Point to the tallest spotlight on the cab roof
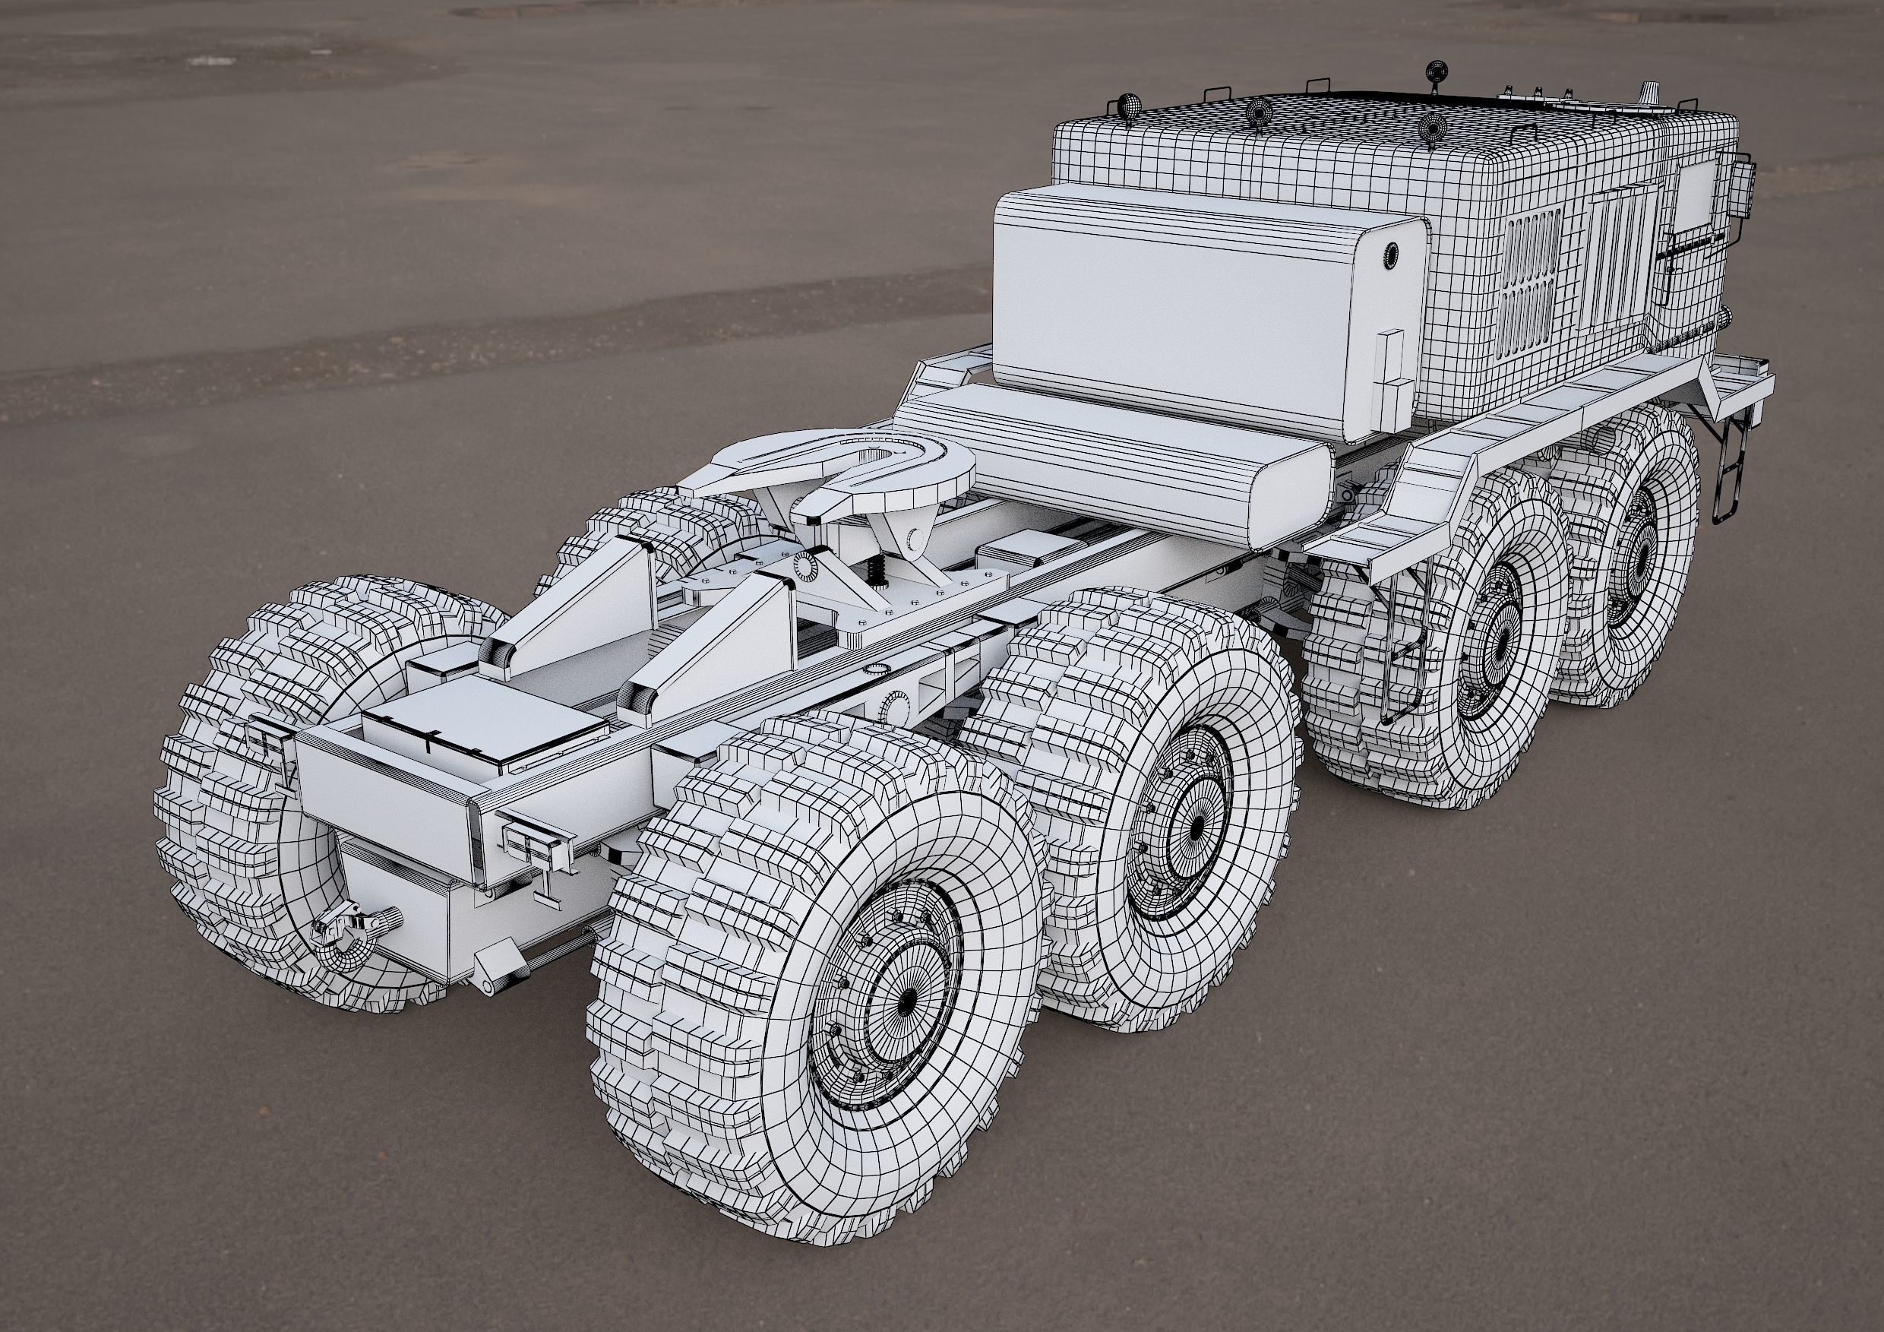pyautogui.click(x=1436, y=73)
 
